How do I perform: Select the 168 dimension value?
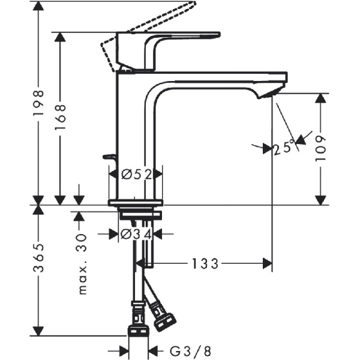(x=60, y=118)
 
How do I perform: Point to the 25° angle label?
(x=284, y=146)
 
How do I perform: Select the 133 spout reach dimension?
(x=206, y=263)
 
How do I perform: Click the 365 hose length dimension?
(x=38, y=259)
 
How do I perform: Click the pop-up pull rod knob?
(x=109, y=157)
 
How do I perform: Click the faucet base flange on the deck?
(x=135, y=202)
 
